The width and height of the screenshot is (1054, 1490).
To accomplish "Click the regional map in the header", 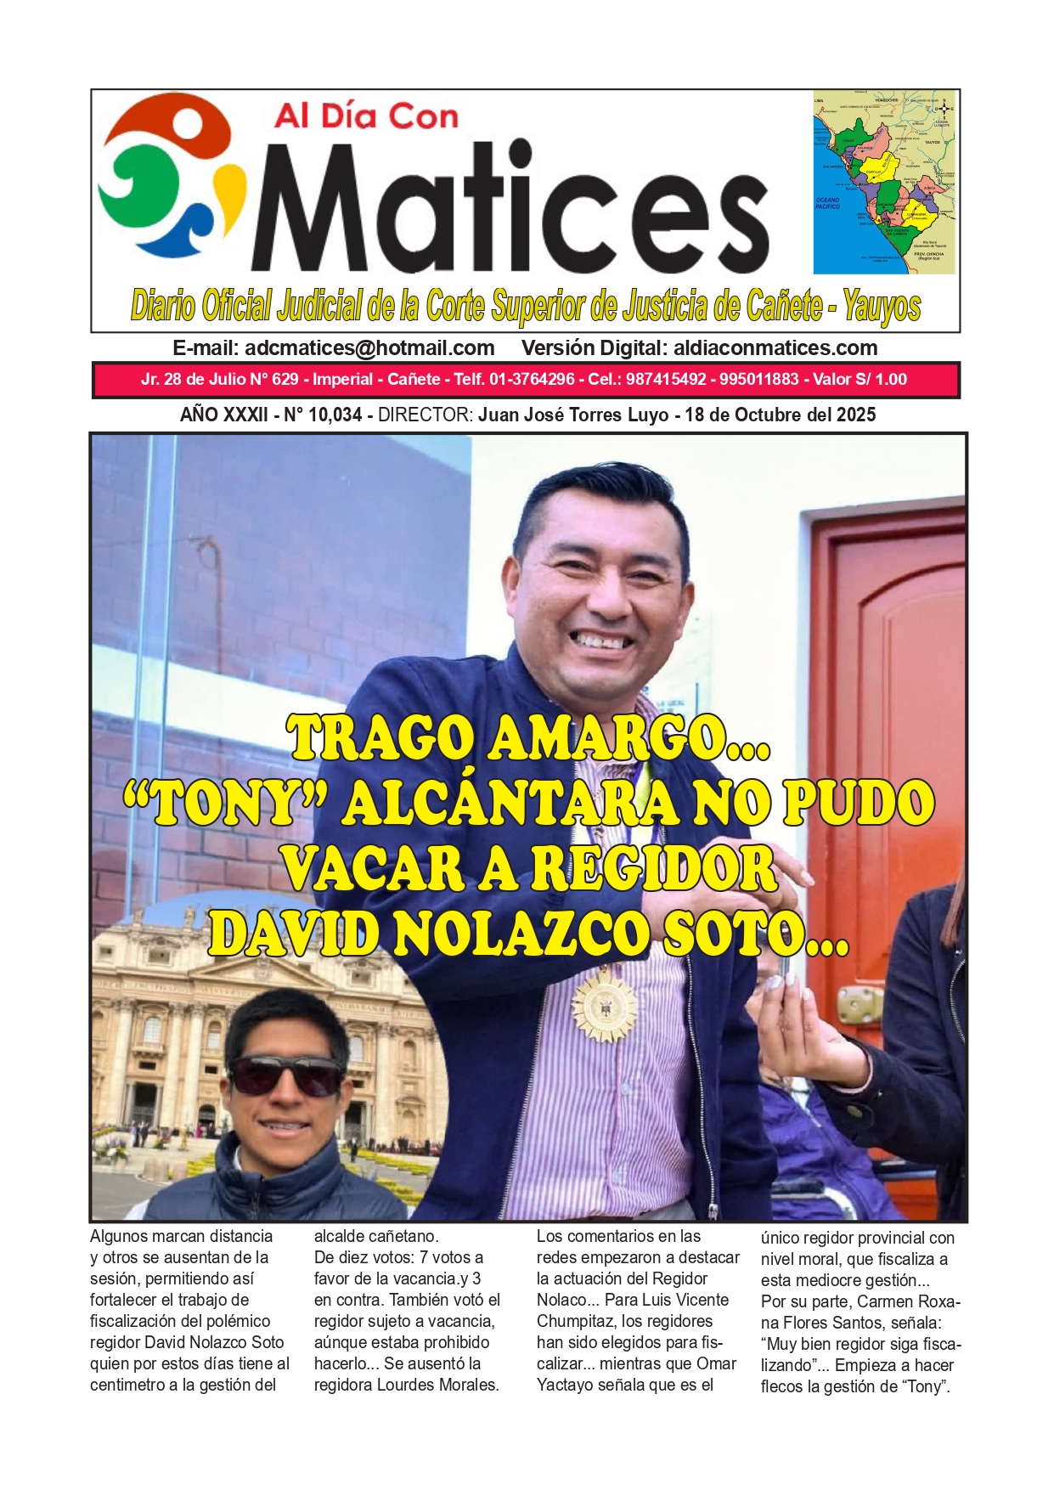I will point(884,182).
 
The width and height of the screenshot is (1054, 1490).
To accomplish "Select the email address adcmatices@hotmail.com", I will point(369,348).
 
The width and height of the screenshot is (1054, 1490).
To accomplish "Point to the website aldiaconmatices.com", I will point(775,348).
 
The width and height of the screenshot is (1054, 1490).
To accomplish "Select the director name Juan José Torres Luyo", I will point(573,415).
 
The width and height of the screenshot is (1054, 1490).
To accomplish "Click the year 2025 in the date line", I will point(855,415).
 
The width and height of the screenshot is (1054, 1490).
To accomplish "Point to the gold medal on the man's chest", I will point(604,1007).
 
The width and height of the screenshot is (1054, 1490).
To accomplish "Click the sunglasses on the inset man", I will point(286,1075).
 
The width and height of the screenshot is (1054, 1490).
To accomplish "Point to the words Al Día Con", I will point(366,116).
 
